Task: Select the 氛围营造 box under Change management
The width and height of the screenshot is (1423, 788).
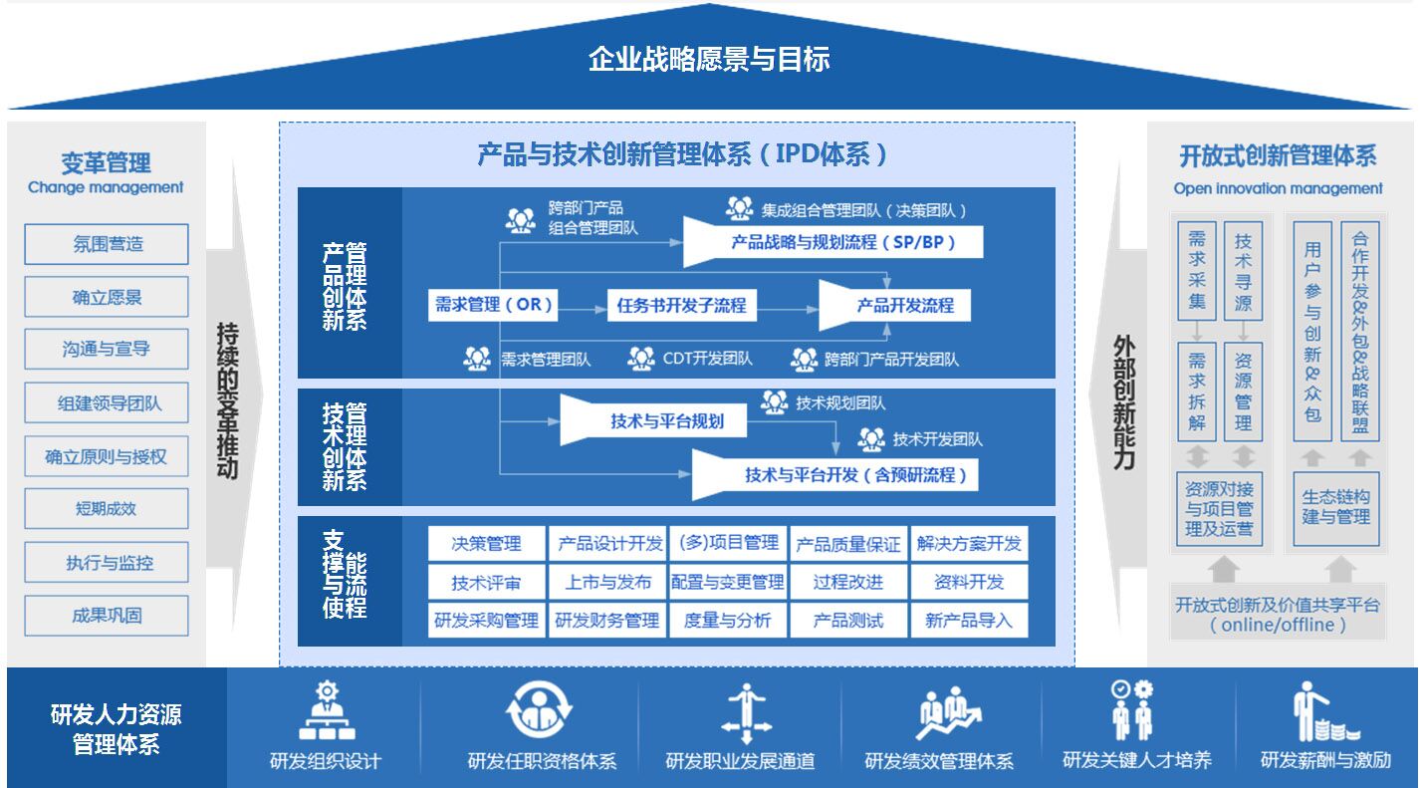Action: (x=107, y=244)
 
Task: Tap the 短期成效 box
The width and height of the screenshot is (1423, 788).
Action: (x=107, y=509)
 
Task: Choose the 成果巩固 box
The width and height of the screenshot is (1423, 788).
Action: (x=107, y=616)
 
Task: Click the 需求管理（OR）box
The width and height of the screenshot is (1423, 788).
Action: (x=493, y=305)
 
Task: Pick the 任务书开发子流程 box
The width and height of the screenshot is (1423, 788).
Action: (x=681, y=305)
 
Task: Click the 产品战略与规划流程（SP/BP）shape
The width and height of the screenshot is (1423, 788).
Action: (x=836, y=242)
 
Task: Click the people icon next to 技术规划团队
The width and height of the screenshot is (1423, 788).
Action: (x=775, y=402)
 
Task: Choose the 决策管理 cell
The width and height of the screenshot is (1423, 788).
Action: (x=487, y=543)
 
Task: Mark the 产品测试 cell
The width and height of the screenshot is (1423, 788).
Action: (x=848, y=621)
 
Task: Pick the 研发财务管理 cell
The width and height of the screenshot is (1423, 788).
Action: (x=607, y=621)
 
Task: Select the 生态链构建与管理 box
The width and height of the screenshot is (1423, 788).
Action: (x=1336, y=507)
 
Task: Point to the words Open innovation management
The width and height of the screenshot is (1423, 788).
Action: (x=1278, y=188)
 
